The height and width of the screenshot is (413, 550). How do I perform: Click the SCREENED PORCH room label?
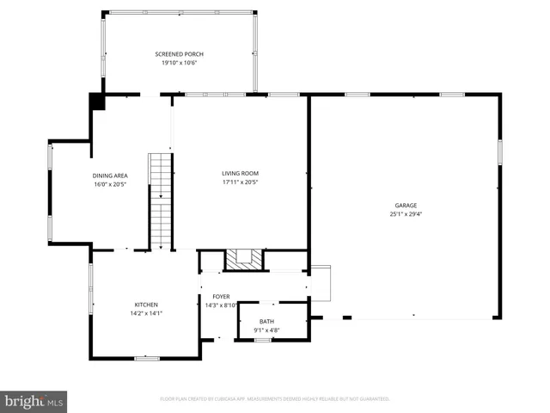[x=180, y=54]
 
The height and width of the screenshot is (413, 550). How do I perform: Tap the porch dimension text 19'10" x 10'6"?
[x=180, y=63]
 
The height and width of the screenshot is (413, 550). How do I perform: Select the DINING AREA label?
[x=110, y=176]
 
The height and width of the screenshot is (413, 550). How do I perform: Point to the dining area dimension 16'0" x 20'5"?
[x=110, y=183]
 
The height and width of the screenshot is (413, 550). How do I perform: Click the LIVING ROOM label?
[x=241, y=173]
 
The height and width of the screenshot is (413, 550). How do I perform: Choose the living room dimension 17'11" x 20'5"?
[x=241, y=182]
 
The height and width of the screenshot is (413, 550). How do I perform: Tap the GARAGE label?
[x=406, y=206]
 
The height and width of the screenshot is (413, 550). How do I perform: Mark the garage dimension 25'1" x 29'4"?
[x=406, y=214]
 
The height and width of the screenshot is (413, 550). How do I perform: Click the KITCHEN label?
[x=146, y=305]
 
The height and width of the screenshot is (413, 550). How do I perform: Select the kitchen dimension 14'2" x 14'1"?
[x=146, y=313]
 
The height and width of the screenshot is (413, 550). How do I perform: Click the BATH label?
[x=266, y=321]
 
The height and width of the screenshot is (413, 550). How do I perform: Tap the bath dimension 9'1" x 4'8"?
[x=266, y=329]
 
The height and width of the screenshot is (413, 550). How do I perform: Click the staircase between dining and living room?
[x=161, y=201]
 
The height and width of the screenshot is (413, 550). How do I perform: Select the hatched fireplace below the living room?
[x=241, y=259]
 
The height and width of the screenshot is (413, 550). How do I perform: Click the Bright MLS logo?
[x=34, y=402]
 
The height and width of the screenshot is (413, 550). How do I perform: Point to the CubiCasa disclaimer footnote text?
[x=275, y=398]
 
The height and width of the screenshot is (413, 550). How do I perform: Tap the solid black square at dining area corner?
[x=98, y=102]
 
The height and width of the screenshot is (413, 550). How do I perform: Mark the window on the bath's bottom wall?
[x=263, y=340]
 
